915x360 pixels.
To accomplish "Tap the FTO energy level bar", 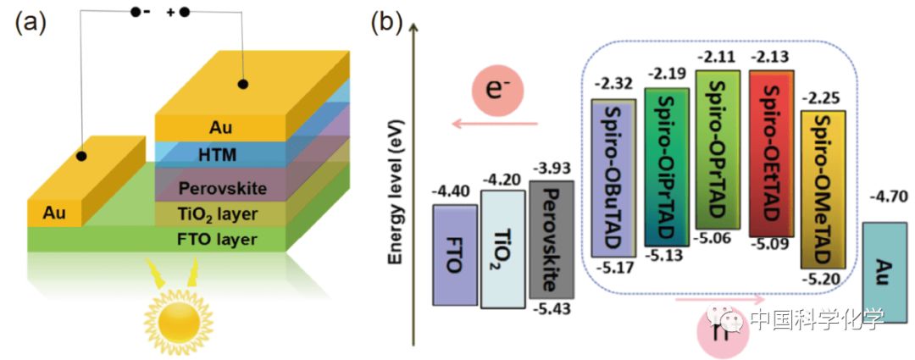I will coord(454,254).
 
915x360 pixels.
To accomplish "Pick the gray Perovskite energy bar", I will coord(551,239).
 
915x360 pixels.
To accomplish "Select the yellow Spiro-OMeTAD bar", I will coord(823,189).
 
